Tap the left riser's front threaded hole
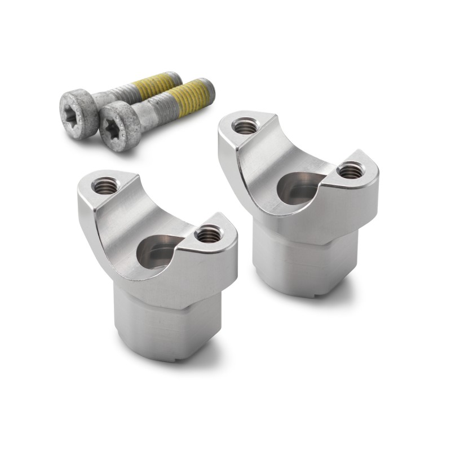point(209,232)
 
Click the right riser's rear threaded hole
point(245,126)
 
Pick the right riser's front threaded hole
point(350,169)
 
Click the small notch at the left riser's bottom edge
point(178,359)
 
